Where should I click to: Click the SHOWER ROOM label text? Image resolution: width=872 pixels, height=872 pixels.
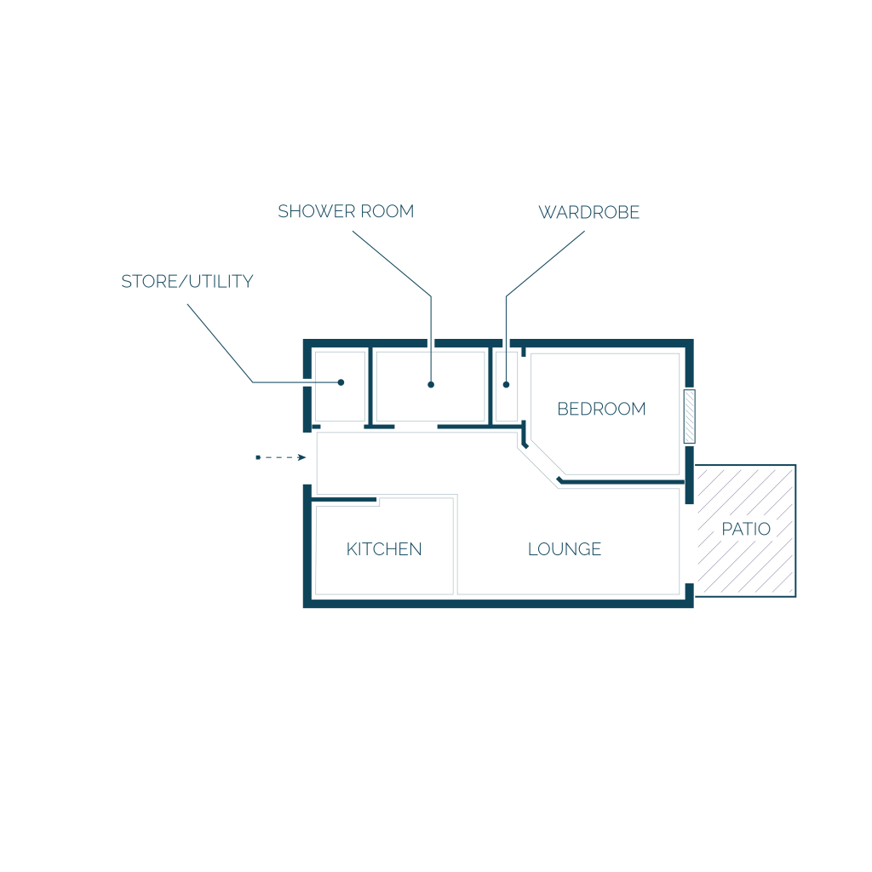(x=346, y=211)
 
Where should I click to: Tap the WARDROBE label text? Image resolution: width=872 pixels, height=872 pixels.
(x=589, y=212)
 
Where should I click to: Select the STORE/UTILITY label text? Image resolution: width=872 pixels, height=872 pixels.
(x=187, y=281)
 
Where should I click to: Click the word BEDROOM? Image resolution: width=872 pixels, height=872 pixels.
(x=601, y=409)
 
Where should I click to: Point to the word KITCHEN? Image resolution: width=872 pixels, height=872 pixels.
(x=384, y=549)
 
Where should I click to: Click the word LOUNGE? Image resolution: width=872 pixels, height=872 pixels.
(x=565, y=549)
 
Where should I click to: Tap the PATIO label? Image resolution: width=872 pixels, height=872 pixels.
(x=746, y=528)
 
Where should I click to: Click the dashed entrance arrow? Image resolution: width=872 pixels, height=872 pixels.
(x=281, y=457)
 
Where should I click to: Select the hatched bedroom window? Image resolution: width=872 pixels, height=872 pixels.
(x=689, y=416)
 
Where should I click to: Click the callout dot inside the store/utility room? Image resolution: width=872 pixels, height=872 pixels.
(x=341, y=382)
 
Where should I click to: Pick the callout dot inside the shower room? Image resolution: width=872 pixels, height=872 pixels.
(x=431, y=384)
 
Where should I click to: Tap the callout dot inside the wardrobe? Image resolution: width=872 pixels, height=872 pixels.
(x=506, y=384)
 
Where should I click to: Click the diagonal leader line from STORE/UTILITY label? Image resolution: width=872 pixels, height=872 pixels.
(x=221, y=343)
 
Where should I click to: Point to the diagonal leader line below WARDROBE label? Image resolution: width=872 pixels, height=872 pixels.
(x=545, y=264)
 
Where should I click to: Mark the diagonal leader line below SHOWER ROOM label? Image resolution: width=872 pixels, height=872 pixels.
(x=392, y=264)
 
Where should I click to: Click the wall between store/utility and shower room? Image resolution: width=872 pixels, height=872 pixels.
(x=370, y=387)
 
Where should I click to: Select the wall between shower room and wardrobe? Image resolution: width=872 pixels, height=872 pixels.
(x=490, y=387)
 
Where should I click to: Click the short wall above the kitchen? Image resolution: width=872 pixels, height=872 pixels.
(x=344, y=499)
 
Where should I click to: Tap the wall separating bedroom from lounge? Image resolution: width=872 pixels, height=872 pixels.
(x=622, y=482)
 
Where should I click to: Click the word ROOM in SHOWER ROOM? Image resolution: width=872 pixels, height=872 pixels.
(x=387, y=211)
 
